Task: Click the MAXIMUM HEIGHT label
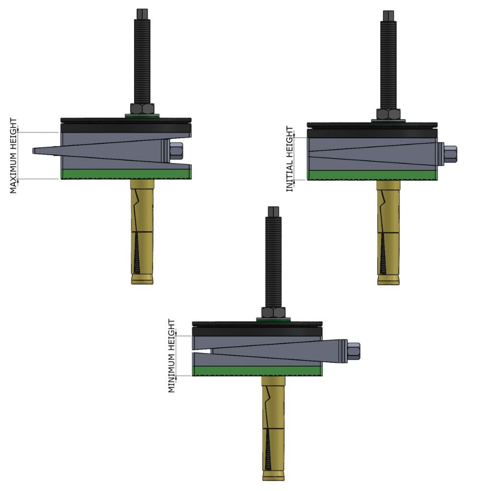point(13,156)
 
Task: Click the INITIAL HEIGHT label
point(290,159)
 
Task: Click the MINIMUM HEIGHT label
point(171,356)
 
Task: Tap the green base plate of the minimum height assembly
point(257,371)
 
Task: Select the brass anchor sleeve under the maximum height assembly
point(142,231)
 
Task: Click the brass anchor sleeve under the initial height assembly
point(388,233)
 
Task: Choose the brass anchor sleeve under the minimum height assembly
point(273,427)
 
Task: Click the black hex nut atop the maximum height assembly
point(142,109)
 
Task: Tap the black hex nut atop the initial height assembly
point(388,114)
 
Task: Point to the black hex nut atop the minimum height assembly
point(273,312)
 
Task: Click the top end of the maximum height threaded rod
point(142,12)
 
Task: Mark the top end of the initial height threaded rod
point(388,14)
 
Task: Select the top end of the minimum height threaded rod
point(273,211)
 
